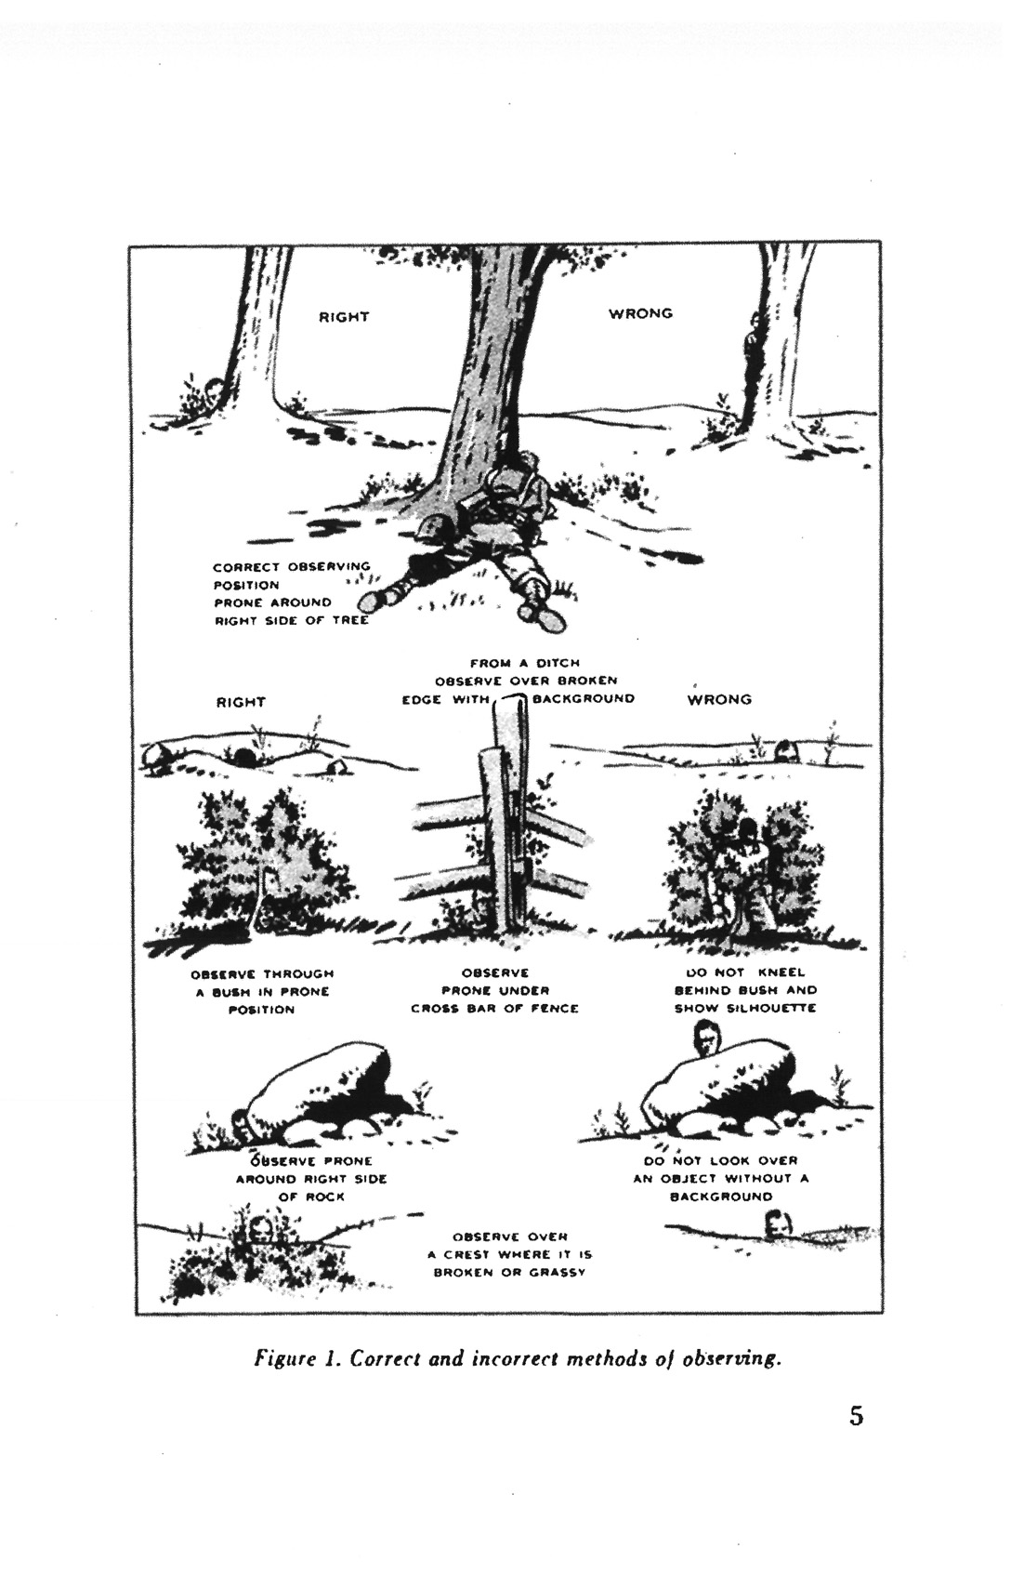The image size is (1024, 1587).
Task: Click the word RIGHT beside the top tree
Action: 344,317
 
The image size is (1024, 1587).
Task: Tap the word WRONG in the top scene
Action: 640,313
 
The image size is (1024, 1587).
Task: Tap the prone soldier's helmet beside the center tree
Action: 432,531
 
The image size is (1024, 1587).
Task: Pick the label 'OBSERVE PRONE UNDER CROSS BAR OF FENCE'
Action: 494,990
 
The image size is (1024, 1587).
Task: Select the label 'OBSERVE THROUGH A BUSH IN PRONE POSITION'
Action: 262,991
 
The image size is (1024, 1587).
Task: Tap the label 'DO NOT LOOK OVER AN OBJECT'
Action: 721,1178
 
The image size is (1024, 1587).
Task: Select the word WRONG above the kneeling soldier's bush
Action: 719,699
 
